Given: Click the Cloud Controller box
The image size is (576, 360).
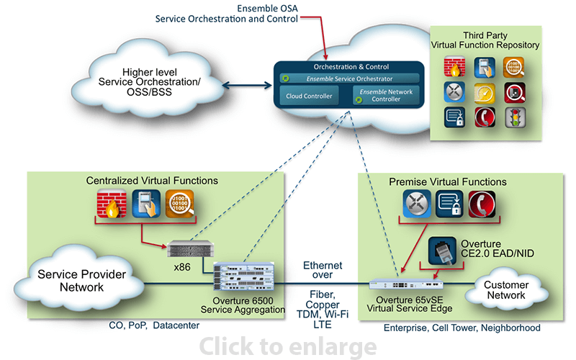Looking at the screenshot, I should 309,96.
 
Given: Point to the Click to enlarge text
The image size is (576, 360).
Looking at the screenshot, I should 287,347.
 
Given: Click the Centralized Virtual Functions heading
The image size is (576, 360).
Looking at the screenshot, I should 152,180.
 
